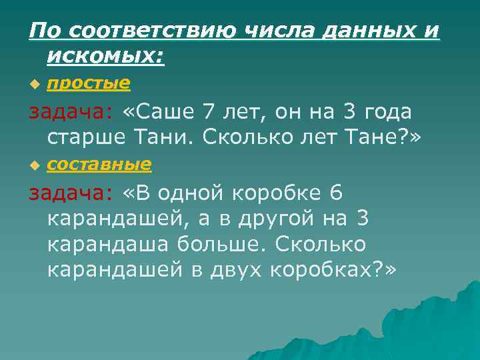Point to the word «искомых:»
click(x=105, y=59)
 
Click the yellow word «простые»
click(x=88, y=83)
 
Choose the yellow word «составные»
click(x=100, y=164)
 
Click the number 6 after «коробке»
click(x=336, y=193)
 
